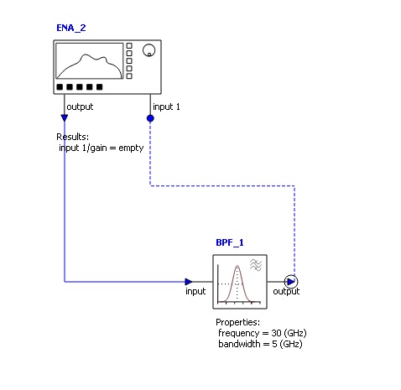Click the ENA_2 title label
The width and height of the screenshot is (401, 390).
coord(70,28)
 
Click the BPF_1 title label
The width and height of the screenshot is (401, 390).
coord(229,242)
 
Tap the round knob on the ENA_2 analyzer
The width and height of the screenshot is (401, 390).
coord(148,51)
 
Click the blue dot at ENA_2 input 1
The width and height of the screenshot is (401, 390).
coord(150,118)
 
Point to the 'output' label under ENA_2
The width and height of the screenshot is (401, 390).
coord(80,107)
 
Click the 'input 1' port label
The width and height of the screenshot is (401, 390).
coord(166,107)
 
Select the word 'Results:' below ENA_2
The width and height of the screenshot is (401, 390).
coord(73,137)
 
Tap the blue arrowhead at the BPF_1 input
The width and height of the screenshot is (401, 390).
coord(189,282)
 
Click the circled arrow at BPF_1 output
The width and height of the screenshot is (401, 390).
coord(290,282)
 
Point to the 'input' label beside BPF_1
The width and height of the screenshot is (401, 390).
coord(195,292)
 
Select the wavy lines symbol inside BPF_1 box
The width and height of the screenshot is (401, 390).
coord(256,264)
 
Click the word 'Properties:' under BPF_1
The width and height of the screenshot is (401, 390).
coord(238,323)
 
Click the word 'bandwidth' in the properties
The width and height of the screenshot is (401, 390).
coord(240,344)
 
